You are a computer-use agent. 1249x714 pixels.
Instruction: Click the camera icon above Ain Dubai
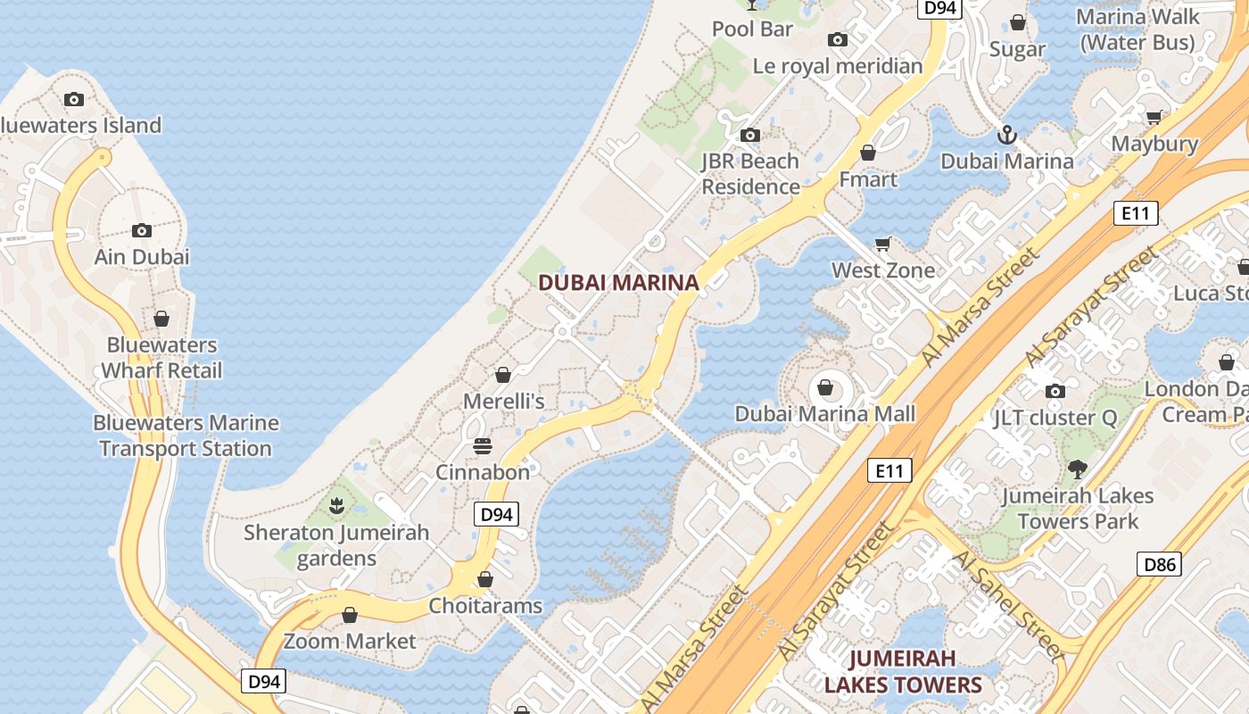pos(142,231)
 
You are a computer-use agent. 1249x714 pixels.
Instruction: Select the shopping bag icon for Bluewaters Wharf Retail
pos(161,319)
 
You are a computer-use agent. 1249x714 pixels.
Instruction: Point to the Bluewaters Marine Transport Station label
pos(186,436)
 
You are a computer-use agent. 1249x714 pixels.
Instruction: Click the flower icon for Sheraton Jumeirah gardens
pos(336,507)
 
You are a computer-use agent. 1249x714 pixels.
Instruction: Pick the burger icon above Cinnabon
pos(483,446)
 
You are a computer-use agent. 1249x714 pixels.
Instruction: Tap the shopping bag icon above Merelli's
pos(503,375)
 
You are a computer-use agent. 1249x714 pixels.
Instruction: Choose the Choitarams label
pos(485,606)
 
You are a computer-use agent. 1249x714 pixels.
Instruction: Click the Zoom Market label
pos(350,641)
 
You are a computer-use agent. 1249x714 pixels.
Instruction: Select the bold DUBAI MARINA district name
pos(618,283)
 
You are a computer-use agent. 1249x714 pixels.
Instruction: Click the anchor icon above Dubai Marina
pos(1006,136)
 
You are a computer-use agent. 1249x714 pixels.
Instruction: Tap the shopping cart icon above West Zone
pos(883,244)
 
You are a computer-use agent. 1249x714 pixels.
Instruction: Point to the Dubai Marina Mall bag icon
pos(825,388)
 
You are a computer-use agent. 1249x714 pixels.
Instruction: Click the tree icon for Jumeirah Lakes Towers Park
pos(1078,469)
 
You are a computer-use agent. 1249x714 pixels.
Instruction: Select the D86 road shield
pos(1160,564)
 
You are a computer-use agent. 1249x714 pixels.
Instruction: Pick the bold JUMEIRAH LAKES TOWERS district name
pos(903,671)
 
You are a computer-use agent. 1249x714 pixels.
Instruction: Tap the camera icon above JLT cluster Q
pos(1055,391)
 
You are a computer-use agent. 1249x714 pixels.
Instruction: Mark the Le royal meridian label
pos(838,66)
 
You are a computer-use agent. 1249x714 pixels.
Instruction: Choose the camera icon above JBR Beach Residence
pos(750,136)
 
